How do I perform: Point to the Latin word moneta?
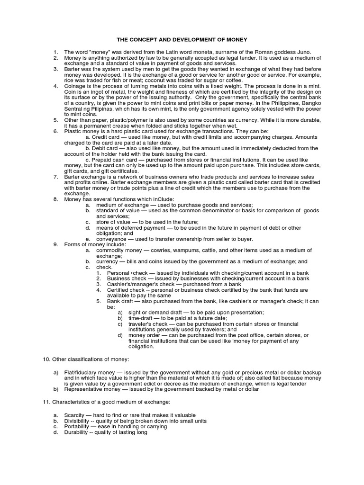click(x=195, y=52)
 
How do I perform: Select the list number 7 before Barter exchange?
click(x=55, y=177)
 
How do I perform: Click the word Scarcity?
click(x=75, y=415)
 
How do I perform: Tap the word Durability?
click(x=77, y=432)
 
